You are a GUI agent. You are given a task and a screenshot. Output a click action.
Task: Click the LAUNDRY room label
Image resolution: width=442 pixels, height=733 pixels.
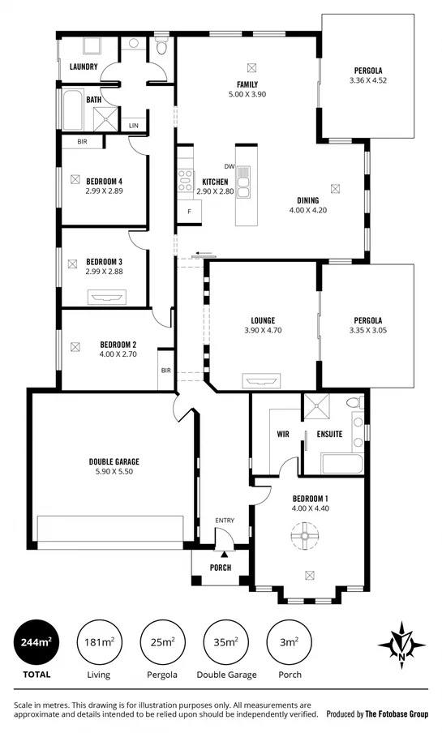tap(84, 66)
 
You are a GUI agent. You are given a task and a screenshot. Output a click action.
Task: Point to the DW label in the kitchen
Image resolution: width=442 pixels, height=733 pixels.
tap(229, 167)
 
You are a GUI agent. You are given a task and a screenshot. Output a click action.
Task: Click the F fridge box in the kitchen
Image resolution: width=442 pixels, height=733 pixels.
tap(189, 212)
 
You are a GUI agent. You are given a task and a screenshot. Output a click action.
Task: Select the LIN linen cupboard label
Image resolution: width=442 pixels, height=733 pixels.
tap(133, 126)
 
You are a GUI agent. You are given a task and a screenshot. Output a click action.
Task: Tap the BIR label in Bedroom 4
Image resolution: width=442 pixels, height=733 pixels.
tap(82, 142)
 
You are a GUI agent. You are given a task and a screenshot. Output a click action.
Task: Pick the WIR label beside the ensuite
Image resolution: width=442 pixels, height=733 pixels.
tap(283, 434)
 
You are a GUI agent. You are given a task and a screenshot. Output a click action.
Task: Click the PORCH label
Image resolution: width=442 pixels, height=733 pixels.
tap(220, 568)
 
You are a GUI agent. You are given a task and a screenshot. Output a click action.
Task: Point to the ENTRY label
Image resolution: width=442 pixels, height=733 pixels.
tap(224, 521)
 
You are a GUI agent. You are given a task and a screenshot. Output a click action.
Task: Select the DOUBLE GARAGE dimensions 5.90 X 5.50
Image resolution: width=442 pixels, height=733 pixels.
tap(111, 471)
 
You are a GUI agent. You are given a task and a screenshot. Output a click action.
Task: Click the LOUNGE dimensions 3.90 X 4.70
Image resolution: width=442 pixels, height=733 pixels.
tap(262, 330)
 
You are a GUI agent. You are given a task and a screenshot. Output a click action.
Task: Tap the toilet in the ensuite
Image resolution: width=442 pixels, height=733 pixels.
tap(354, 403)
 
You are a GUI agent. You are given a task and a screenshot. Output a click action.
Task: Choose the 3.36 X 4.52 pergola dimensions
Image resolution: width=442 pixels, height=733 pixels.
tap(367, 80)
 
